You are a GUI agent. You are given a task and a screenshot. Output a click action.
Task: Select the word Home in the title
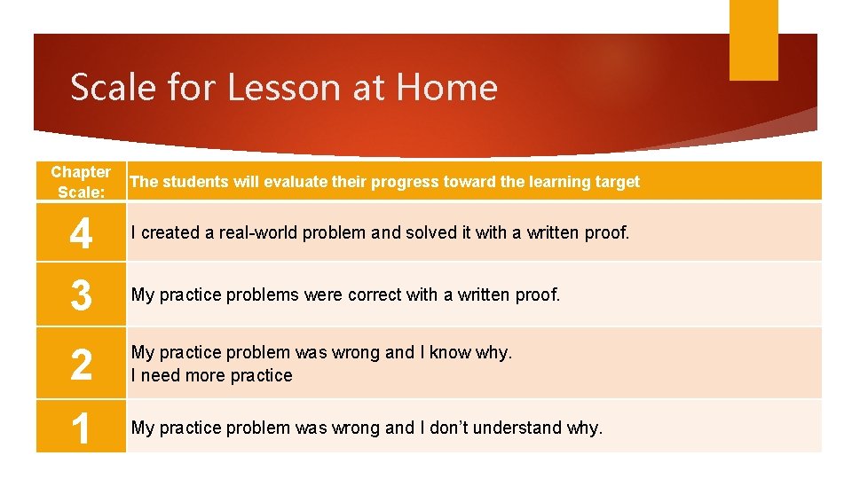click(x=446, y=87)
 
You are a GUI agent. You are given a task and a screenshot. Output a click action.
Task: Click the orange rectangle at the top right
click(x=753, y=40)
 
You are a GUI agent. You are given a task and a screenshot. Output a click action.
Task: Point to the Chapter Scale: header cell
click(x=81, y=182)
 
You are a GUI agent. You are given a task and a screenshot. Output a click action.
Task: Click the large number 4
click(x=81, y=235)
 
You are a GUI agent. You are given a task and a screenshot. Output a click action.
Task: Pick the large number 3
click(x=81, y=295)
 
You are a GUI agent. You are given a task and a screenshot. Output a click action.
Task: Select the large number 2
click(x=81, y=365)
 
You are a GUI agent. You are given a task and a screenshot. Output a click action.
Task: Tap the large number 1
click(x=81, y=428)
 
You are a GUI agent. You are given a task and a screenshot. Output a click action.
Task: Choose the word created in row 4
click(x=171, y=233)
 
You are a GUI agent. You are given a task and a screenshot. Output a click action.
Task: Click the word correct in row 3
click(x=376, y=294)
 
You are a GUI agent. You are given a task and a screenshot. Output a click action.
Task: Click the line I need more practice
click(x=211, y=375)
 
